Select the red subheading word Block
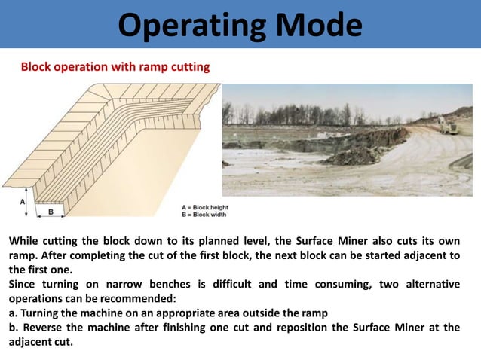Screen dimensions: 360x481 click(36, 68)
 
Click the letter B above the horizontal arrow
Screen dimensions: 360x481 click(51, 212)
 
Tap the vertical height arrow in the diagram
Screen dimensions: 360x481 click(29, 203)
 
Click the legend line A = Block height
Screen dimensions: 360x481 click(205, 206)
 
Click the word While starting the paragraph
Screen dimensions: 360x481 click(26, 241)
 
